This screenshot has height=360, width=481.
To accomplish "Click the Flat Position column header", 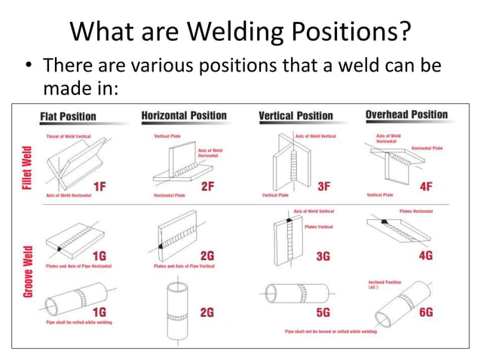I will [x=68, y=116].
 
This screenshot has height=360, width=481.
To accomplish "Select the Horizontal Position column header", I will [x=184, y=115].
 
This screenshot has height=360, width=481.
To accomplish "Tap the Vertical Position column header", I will [x=296, y=116].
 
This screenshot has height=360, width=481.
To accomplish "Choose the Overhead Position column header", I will [x=406, y=115].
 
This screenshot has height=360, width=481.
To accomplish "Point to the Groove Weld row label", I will [x=27, y=270].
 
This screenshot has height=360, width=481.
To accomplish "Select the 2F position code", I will [x=208, y=187].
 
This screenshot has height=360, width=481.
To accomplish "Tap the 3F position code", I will [x=323, y=186].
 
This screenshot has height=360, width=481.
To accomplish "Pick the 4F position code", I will [x=426, y=186].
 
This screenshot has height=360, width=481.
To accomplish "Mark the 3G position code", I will [x=323, y=256].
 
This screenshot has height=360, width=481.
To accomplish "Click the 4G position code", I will [x=426, y=255].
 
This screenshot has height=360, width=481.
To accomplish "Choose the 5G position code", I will [x=323, y=310].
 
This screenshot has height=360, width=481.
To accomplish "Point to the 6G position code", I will [x=426, y=310].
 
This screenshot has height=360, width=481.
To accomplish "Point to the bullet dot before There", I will [x=29, y=68].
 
